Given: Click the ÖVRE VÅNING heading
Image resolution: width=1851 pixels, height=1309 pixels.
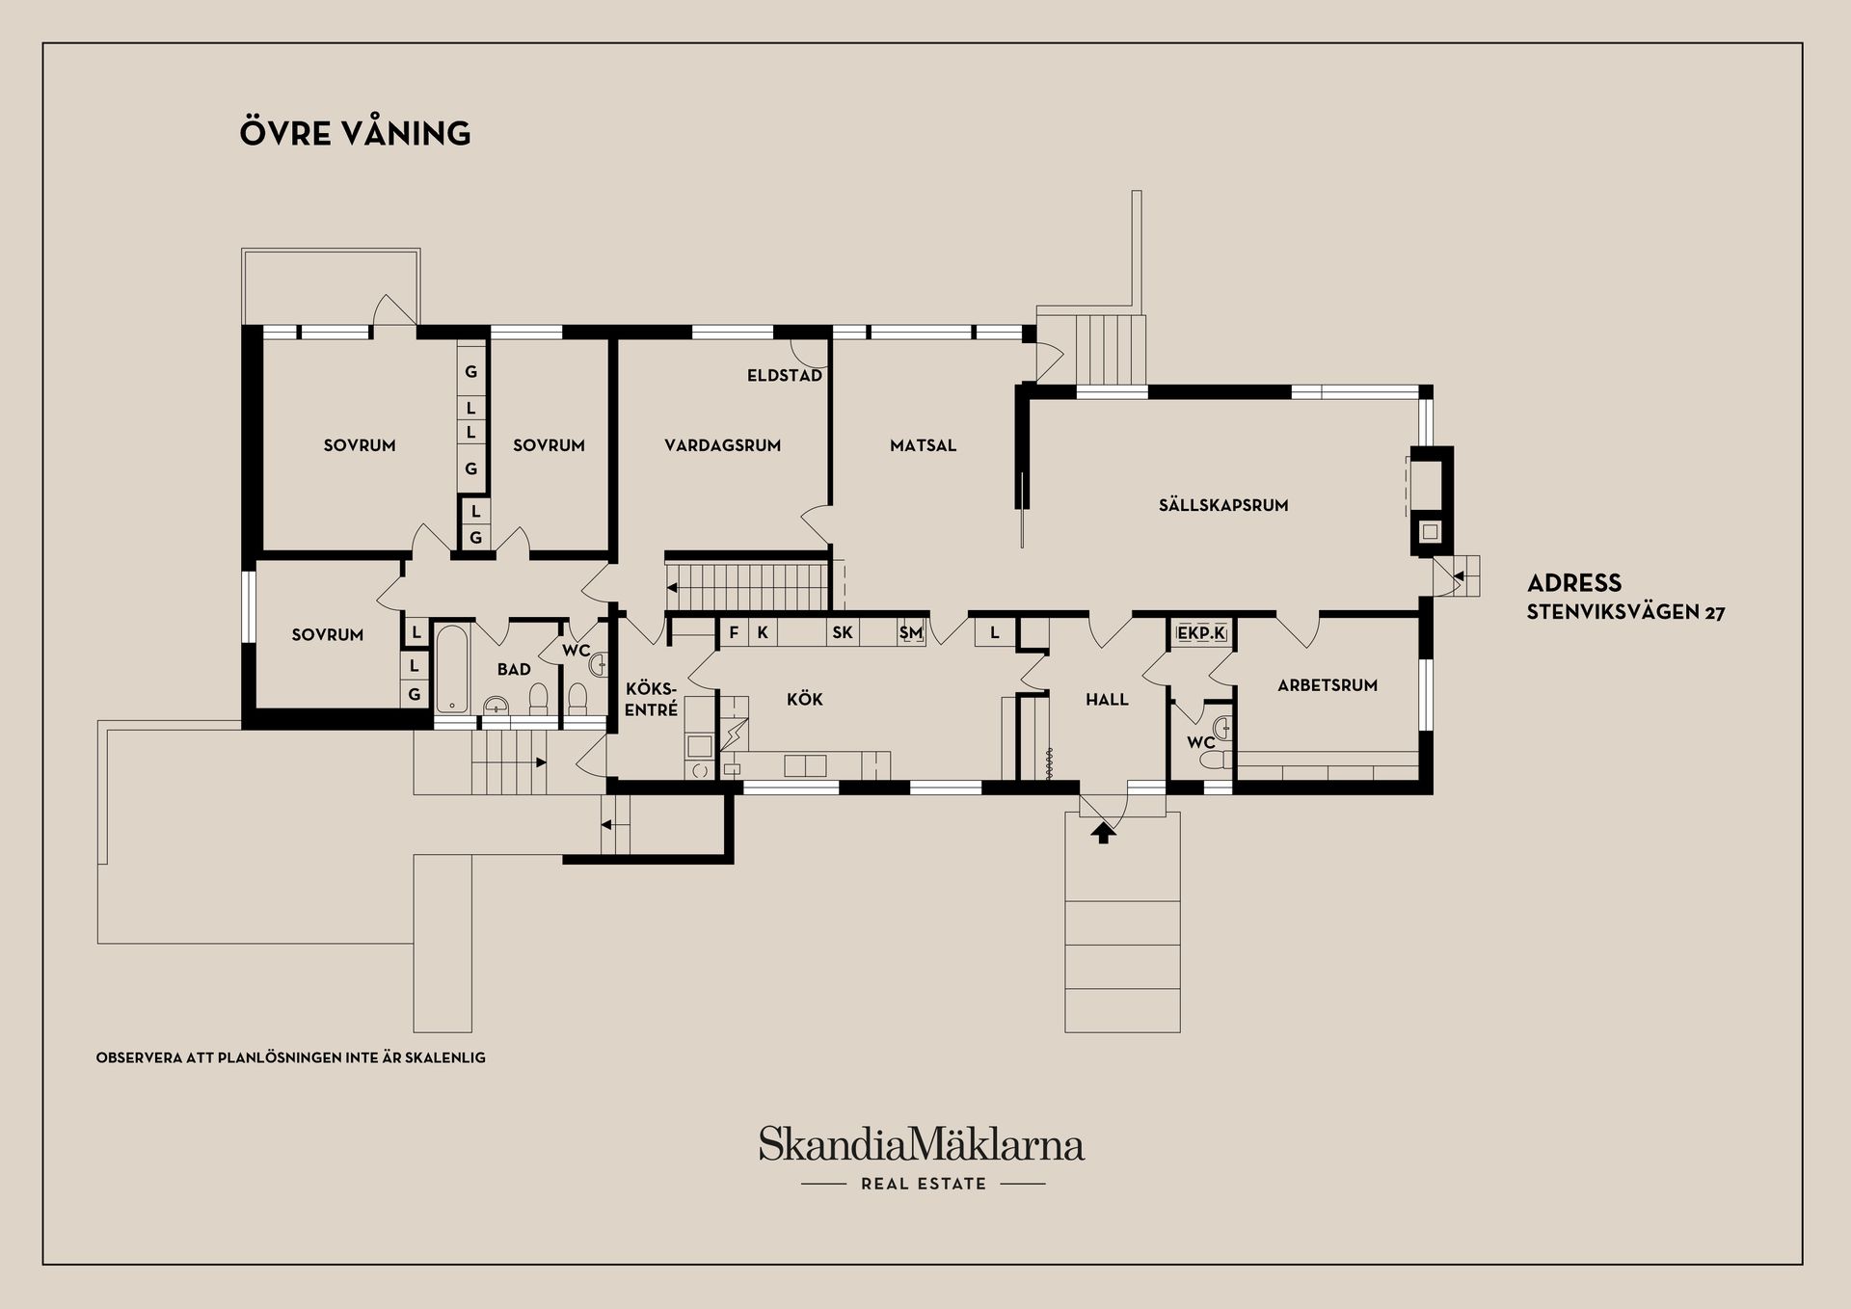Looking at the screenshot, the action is point(355,133).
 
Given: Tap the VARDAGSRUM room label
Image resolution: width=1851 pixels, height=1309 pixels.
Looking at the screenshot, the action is point(722,445).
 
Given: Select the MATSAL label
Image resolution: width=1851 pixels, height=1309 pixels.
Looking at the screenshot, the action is point(923,445).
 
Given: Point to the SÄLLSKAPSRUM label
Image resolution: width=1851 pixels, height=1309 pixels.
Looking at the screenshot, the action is point(1223,504).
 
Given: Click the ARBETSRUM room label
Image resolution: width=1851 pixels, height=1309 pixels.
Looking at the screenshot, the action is point(1328,685).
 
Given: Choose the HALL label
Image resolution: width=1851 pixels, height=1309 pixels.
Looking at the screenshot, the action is point(1107,700).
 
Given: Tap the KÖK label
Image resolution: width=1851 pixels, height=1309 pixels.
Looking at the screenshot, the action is point(805,699).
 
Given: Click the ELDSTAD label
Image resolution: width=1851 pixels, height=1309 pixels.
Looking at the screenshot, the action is point(785,375).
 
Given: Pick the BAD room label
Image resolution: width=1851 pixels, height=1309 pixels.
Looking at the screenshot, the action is point(514,669).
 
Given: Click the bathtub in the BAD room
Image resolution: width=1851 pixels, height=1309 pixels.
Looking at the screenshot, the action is point(452,668).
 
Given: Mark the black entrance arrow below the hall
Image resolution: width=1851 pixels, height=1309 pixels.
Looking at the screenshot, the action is point(1104,832).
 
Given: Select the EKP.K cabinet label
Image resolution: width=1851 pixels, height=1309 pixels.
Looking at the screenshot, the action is point(1201,633).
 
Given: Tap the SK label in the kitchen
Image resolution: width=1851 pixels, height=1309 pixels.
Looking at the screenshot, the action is point(843,633).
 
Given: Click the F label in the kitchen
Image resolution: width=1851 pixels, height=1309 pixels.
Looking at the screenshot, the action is point(734,633).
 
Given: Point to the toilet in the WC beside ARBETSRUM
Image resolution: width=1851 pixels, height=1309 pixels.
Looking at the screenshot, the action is point(1216,760).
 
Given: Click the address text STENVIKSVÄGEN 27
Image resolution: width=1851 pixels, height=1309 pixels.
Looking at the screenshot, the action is point(1625,612).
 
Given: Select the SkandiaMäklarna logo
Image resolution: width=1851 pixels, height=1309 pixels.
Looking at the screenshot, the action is point(922,1144).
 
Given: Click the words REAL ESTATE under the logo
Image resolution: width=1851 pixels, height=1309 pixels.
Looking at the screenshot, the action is point(924,1184).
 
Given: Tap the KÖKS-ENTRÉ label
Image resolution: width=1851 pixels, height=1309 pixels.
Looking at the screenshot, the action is point(652,699).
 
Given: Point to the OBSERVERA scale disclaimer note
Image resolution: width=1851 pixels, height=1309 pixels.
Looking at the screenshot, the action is point(291,1057).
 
